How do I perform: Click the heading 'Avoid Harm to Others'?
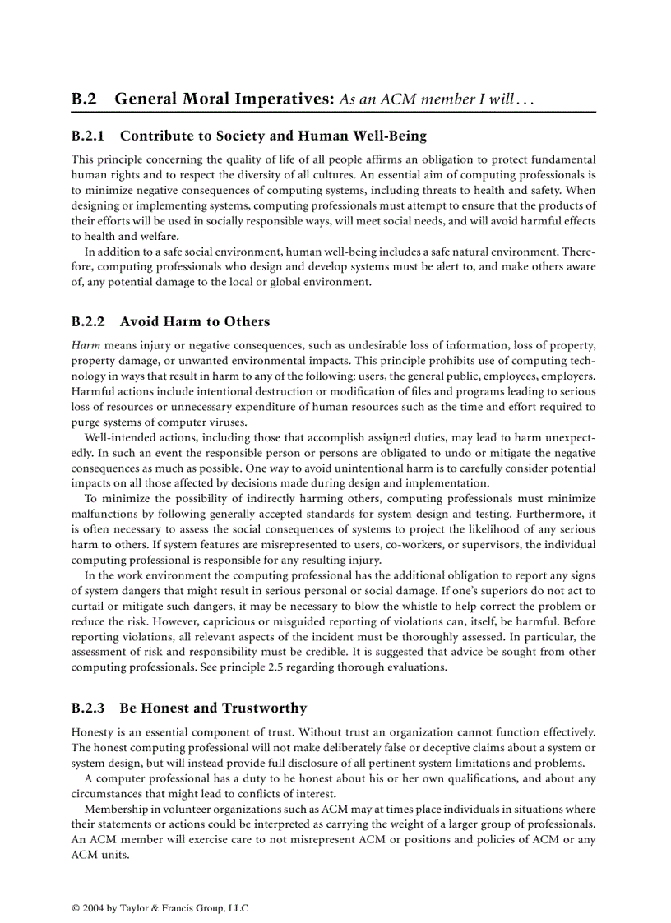[x=195, y=321]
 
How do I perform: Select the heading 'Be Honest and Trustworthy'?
[x=213, y=708]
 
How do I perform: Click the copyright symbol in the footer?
[x=76, y=908]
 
